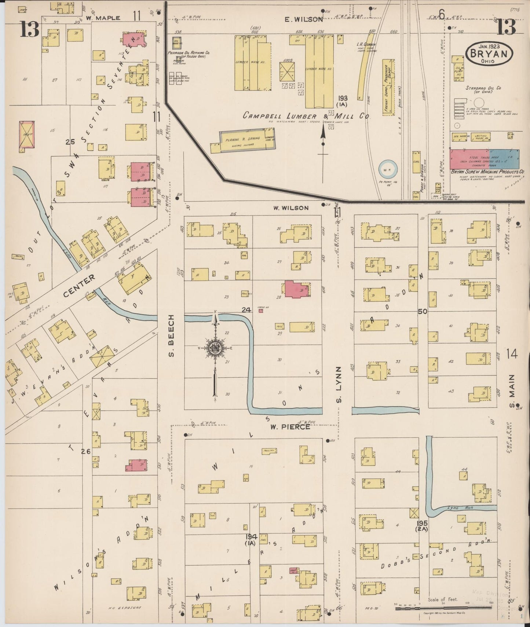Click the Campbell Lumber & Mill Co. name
(x=307, y=116)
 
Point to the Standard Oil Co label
(x=483, y=90)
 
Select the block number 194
(x=251, y=537)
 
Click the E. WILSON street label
(x=304, y=19)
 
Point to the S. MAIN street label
(x=512, y=388)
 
